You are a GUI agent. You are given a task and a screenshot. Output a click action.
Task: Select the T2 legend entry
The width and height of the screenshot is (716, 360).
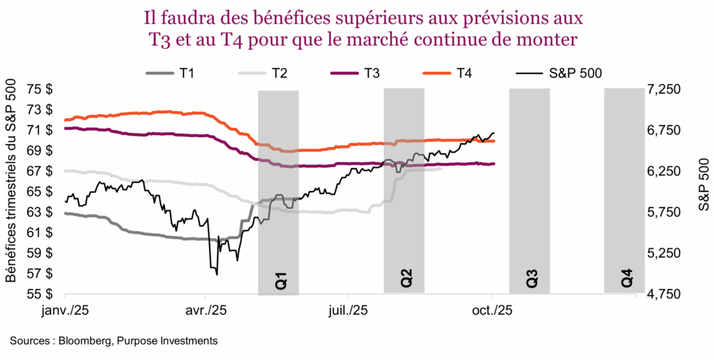click(268, 73)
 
